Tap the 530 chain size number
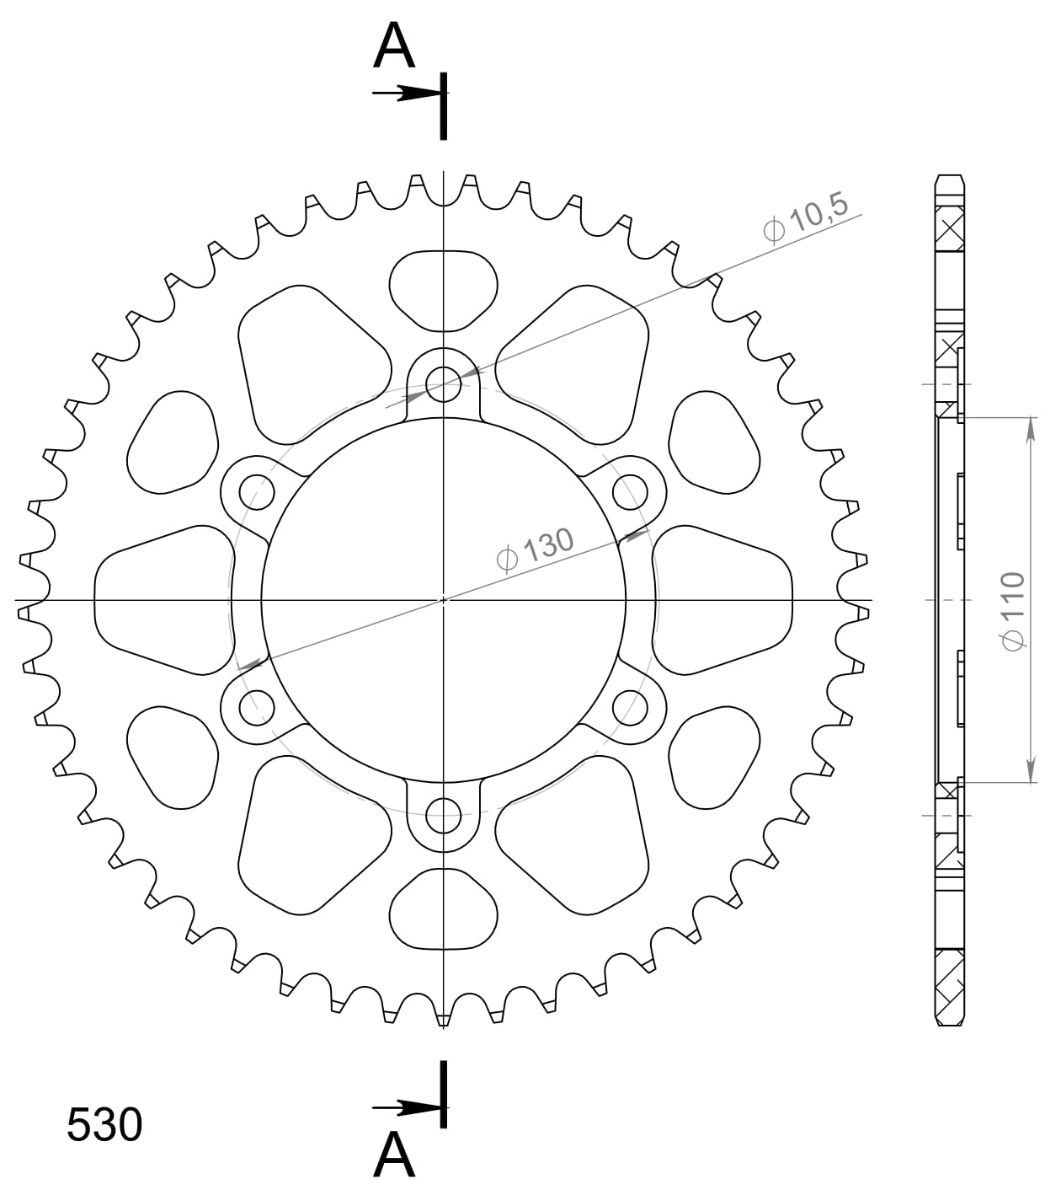click(104, 1125)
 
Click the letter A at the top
click(394, 47)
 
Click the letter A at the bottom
click(394, 1155)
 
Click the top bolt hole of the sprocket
click(444, 385)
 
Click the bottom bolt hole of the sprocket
click(444, 815)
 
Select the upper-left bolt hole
click(258, 492)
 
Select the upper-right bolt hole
click(630, 492)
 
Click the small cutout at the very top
click(444, 291)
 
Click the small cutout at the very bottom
click(444, 910)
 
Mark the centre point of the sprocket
click(444, 600)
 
